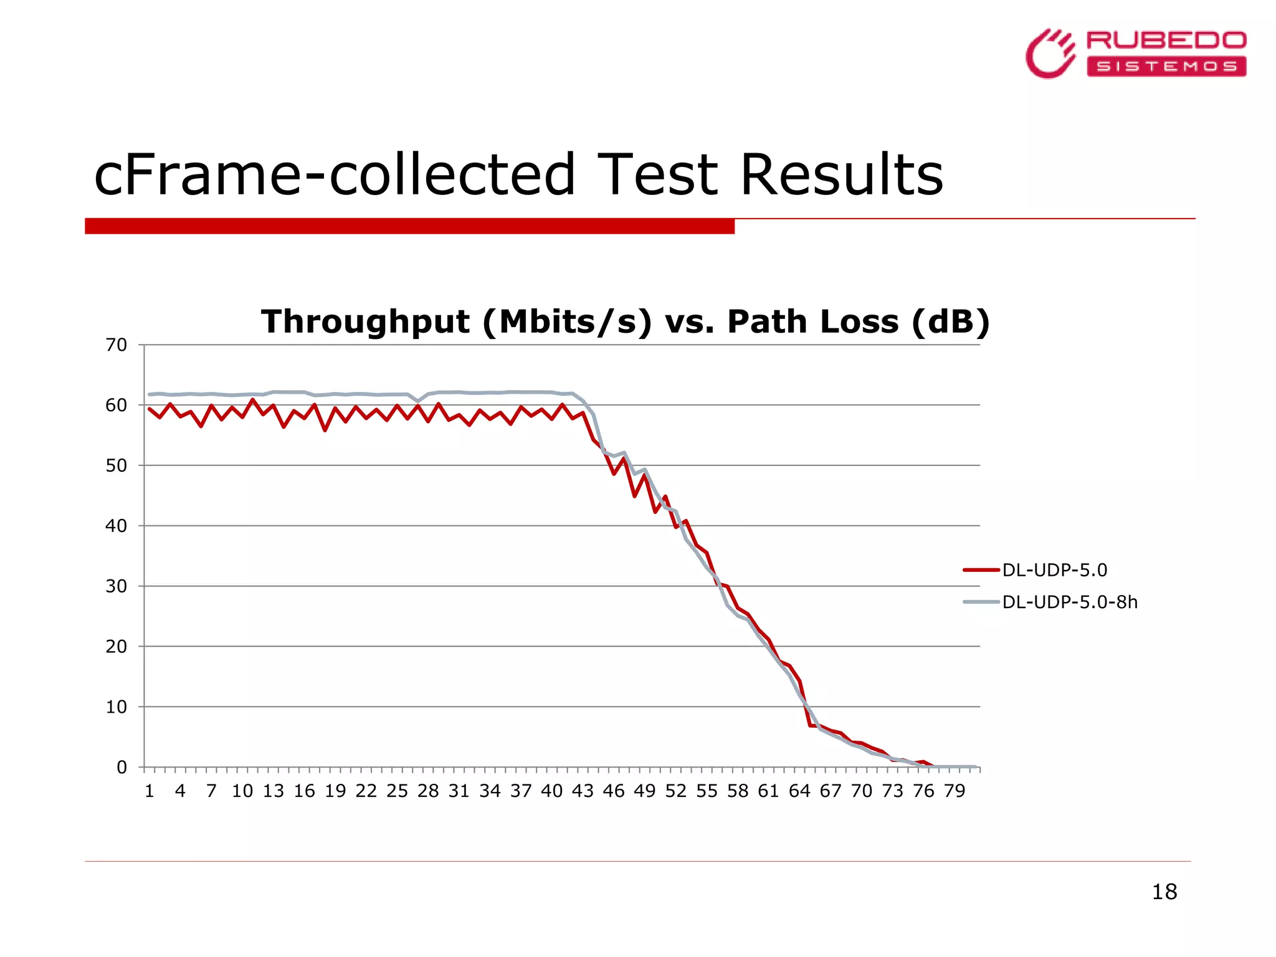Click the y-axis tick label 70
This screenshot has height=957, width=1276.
pos(116,345)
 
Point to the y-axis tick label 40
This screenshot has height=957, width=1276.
pos(116,526)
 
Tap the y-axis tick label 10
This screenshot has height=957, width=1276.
pos(116,707)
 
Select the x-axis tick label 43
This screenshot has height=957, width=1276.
pos(583,791)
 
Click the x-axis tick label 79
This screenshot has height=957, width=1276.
pos(954,791)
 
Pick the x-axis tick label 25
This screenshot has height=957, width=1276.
pos(397,791)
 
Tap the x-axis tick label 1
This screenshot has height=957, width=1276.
pos(150,791)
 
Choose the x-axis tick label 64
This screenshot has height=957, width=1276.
pos(799,791)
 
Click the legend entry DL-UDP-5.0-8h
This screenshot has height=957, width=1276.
pos(1069,602)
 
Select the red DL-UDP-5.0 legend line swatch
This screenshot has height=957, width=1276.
pos(981,570)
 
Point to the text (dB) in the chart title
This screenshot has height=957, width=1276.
pos(950,322)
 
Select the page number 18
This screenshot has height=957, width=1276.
pos(1164,892)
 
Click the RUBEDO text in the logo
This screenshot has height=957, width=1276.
pos(1166,40)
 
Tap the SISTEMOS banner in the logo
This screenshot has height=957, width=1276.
pos(1166,67)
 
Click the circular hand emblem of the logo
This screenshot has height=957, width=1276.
pos(1050,54)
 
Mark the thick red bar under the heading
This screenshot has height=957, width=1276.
pos(409,226)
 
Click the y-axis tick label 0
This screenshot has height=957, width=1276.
pos(121,768)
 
